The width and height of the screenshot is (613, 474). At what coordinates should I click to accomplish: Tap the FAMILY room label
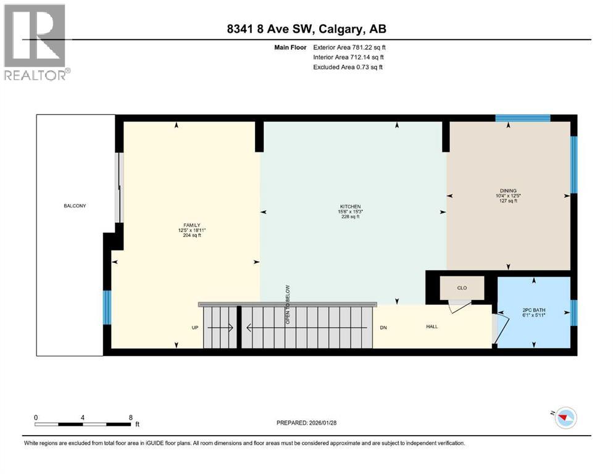click(191, 225)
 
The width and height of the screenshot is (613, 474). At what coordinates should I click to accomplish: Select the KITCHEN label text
click(351, 206)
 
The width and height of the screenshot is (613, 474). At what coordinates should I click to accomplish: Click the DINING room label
click(508, 191)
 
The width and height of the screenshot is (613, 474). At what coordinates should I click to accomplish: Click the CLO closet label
click(461, 287)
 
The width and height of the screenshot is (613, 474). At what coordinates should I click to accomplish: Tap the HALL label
click(432, 326)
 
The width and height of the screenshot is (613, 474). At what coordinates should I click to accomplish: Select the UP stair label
click(193, 328)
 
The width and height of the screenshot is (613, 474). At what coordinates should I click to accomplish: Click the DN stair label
click(383, 328)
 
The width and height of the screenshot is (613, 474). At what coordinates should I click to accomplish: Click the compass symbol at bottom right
click(564, 418)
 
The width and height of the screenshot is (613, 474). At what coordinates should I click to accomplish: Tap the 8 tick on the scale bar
click(130, 417)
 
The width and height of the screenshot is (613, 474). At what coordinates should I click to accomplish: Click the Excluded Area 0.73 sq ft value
click(348, 67)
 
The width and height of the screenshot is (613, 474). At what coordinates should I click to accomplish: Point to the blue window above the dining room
click(522, 118)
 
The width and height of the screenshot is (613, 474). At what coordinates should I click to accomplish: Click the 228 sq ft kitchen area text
click(350, 217)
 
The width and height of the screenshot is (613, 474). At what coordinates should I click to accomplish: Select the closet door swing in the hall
click(457, 307)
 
